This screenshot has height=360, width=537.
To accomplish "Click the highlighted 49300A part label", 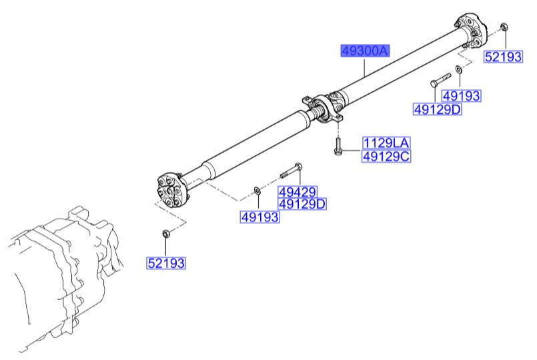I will tap(365, 51).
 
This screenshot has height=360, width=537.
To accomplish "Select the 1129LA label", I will tap(387, 143).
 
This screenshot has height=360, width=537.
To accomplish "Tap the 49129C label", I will tap(387, 157).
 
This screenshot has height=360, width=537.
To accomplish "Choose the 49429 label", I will tap(298, 192).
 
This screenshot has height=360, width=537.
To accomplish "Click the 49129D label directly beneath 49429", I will tap(302, 204).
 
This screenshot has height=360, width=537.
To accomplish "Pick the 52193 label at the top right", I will tap(503, 57).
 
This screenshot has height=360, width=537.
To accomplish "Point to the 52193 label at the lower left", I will tap(166, 264).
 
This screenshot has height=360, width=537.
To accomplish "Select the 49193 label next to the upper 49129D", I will tap(461, 97).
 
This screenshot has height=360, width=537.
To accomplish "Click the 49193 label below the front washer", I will tap(260, 217).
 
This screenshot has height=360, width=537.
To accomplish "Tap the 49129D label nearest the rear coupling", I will tap(437, 109).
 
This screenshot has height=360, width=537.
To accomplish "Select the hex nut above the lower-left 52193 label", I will tap(165, 234).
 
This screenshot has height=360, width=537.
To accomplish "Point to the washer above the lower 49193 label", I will tap(257, 193).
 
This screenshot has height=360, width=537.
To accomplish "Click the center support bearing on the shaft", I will tap(325, 107).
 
